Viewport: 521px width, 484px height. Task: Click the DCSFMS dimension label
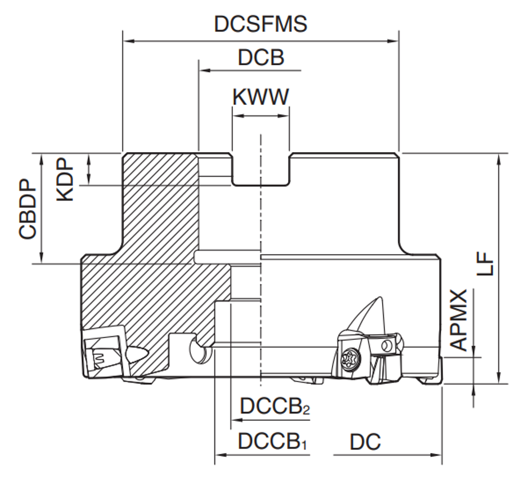pyautogui.click(x=260, y=24)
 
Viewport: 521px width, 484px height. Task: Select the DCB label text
pyautogui.click(x=260, y=57)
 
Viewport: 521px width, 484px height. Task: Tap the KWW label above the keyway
pyautogui.click(x=260, y=97)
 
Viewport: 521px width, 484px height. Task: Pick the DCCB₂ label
pyautogui.click(x=275, y=406)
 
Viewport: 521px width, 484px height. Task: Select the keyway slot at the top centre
pyautogui.click(x=261, y=169)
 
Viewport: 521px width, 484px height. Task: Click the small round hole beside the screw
pyautogui.click(x=386, y=345)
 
